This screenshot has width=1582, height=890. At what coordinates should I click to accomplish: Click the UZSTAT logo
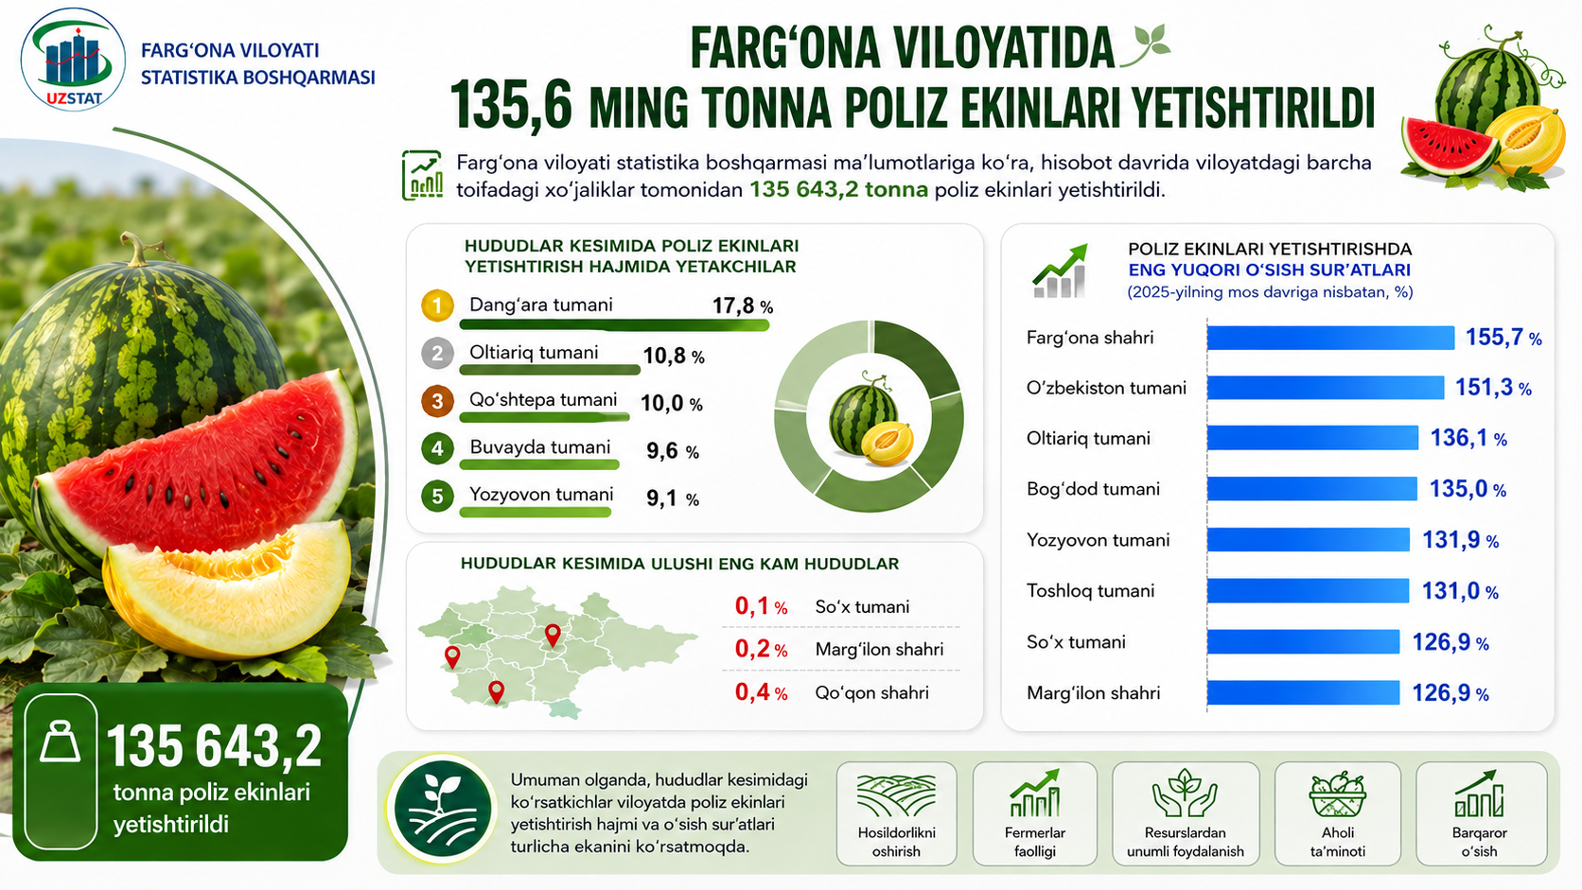pyautogui.click(x=74, y=61)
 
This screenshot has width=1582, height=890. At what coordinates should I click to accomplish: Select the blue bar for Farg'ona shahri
pyautogui.click(x=1330, y=338)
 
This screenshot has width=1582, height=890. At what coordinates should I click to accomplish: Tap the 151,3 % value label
pyautogui.click(x=1493, y=388)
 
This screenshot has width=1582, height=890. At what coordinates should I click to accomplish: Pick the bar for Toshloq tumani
pyautogui.click(x=1308, y=591)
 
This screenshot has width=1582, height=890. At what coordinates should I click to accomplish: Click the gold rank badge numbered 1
pyautogui.click(x=437, y=305)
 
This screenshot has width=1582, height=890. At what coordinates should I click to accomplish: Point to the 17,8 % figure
pyautogui.click(x=742, y=306)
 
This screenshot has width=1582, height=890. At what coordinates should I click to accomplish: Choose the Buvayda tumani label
pyautogui.click(x=539, y=446)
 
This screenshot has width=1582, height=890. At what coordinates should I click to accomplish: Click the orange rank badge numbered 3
pyautogui.click(x=437, y=401)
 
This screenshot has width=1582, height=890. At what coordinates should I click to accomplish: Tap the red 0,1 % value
pyautogui.click(x=761, y=606)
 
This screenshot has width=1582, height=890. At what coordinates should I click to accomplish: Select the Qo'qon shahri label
pyautogui.click(x=871, y=692)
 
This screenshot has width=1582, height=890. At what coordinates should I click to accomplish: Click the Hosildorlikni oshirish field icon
pyautogui.click(x=896, y=795)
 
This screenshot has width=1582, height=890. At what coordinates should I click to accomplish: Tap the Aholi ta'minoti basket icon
pyautogui.click(x=1338, y=794)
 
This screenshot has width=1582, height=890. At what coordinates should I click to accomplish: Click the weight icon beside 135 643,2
pyautogui.click(x=60, y=742)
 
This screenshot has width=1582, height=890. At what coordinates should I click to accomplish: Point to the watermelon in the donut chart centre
pyautogui.click(x=862, y=413)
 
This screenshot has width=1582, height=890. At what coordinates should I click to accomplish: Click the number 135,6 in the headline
pyautogui.click(x=510, y=106)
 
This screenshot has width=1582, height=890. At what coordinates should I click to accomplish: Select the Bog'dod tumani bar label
pyautogui.click(x=1093, y=489)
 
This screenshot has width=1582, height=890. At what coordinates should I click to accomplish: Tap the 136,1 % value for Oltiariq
pyautogui.click(x=1468, y=438)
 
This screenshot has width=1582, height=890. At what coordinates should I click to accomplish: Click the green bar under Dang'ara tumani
pyautogui.click(x=614, y=325)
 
